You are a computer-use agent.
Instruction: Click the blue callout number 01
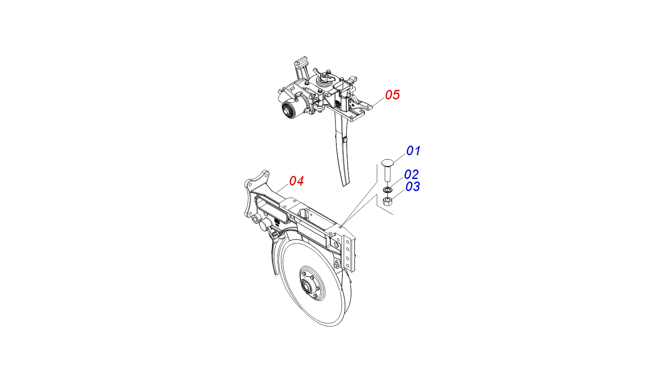click(413, 151)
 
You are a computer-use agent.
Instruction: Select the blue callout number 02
click(412, 175)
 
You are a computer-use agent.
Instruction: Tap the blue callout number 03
click(413, 187)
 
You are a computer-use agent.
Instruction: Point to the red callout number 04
click(297, 181)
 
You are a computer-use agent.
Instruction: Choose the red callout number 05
click(393, 95)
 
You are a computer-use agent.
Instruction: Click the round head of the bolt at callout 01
click(388, 163)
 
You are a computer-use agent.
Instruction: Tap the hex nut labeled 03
click(387, 201)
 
